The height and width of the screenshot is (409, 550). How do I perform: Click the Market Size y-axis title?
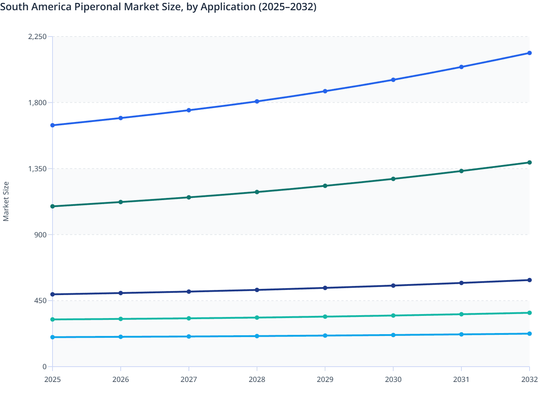pyautogui.click(x=6, y=201)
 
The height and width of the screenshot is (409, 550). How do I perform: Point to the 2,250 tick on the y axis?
pyautogui.click(x=37, y=37)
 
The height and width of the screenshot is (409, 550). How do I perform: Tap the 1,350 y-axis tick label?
pyautogui.click(x=37, y=169)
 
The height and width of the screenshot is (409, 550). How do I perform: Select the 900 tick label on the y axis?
pyautogui.click(x=40, y=234)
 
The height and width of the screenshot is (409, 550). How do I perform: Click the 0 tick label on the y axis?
pyautogui.click(x=44, y=367)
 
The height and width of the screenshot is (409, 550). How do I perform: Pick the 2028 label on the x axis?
pyautogui.click(x=257, y=379)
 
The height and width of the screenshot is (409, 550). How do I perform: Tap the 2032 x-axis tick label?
pyautogui.click(x=529, y=379)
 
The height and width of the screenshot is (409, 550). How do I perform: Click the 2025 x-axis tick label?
pyautogui.click(x=53, y=379)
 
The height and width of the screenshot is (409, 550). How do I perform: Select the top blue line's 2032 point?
pyautogui.click(x=529, y=53)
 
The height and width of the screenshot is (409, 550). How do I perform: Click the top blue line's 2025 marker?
pyautogui.click(x=53, y=125)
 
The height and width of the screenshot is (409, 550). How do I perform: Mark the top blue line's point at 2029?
pyautogui.click(x=325, y=91)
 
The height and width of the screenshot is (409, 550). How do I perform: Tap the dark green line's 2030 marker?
pyautogui.click(x=393, y=179)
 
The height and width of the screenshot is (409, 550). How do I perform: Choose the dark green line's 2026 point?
pyautogui.click(x=121, y=202)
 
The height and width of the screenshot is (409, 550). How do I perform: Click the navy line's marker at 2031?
pyautogui.click(x=461, y=283)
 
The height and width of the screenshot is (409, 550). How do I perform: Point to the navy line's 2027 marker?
pyautogui.click(x=189, y=291)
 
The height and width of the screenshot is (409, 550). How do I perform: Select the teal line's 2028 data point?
pyautogui.click(x=257, y=318)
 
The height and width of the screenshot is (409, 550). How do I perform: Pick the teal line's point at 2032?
pyautogui.click(x=529, y=313)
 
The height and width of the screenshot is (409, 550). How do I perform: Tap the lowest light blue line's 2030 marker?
pyautogui.click(x=393, y=335)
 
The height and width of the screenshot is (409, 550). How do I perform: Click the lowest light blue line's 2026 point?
pyautogui.click(x=121, y=337)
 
